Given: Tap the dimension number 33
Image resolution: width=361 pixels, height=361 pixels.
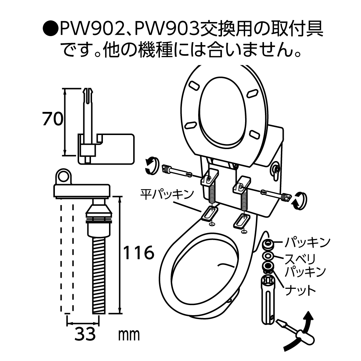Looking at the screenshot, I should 85,334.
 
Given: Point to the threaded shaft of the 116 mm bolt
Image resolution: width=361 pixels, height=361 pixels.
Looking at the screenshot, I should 98,274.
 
